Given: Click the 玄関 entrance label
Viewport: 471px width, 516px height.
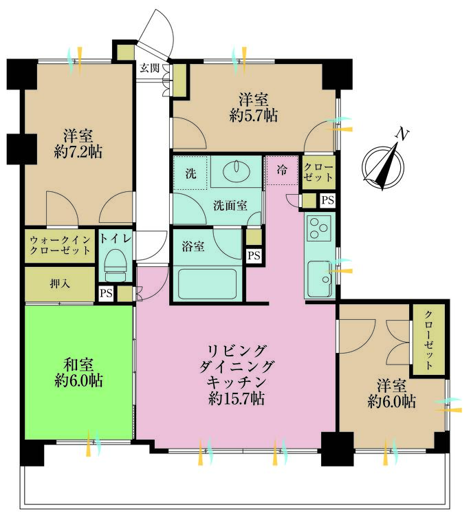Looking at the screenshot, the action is click(150, 68).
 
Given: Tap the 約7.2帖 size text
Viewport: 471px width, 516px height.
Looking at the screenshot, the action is click(78, 152).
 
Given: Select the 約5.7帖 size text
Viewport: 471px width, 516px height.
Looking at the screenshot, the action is click(253, 116).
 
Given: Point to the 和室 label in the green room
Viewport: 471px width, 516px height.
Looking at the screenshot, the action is click(78, 365).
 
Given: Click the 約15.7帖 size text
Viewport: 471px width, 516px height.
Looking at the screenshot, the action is click(237, 399).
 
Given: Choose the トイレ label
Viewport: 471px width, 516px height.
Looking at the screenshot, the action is click(116, 238).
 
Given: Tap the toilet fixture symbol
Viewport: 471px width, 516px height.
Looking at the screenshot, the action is click(116, 265).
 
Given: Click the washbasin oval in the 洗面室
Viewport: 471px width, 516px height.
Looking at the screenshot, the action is click(236, 171).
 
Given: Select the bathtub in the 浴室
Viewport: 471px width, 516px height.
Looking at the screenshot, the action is click(207, 283).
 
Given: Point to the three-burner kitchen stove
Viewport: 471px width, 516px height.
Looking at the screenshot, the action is click(319, 228).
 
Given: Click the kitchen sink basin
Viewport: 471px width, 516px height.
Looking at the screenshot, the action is click(320, 279).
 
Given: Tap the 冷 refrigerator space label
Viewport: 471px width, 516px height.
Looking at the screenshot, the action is click(282, 170).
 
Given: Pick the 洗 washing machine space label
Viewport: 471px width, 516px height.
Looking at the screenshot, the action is click(190, 173).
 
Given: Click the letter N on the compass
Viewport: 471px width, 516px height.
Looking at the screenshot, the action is click(402, 134).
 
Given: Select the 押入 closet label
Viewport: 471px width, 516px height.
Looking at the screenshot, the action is click(60, 283).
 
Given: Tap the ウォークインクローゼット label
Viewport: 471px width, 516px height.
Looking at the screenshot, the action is click(60, 246).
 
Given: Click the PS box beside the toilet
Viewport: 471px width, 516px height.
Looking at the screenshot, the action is click(106, 293).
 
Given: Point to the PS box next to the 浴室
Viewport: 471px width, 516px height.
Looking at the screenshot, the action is click(254, 255).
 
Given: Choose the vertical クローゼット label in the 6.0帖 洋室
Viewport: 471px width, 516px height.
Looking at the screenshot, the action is click(428, 340).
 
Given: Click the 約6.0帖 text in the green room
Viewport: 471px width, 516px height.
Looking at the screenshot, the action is click(78, 380).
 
